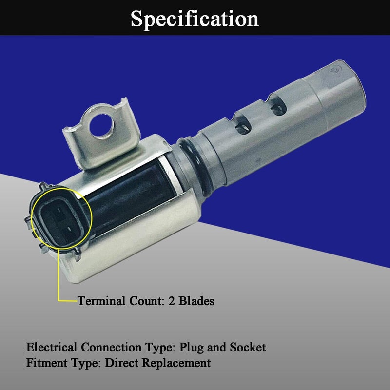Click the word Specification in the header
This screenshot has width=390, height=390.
[195, 19]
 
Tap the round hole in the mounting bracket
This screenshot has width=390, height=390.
[102, 125]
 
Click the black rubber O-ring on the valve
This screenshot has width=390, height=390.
[195, 167]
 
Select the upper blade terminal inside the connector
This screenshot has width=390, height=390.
[59, 211]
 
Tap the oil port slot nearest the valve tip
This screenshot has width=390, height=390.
[277, 105]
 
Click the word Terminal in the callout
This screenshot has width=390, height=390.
[101, 301]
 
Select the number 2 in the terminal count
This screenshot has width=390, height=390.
[172, 301]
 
